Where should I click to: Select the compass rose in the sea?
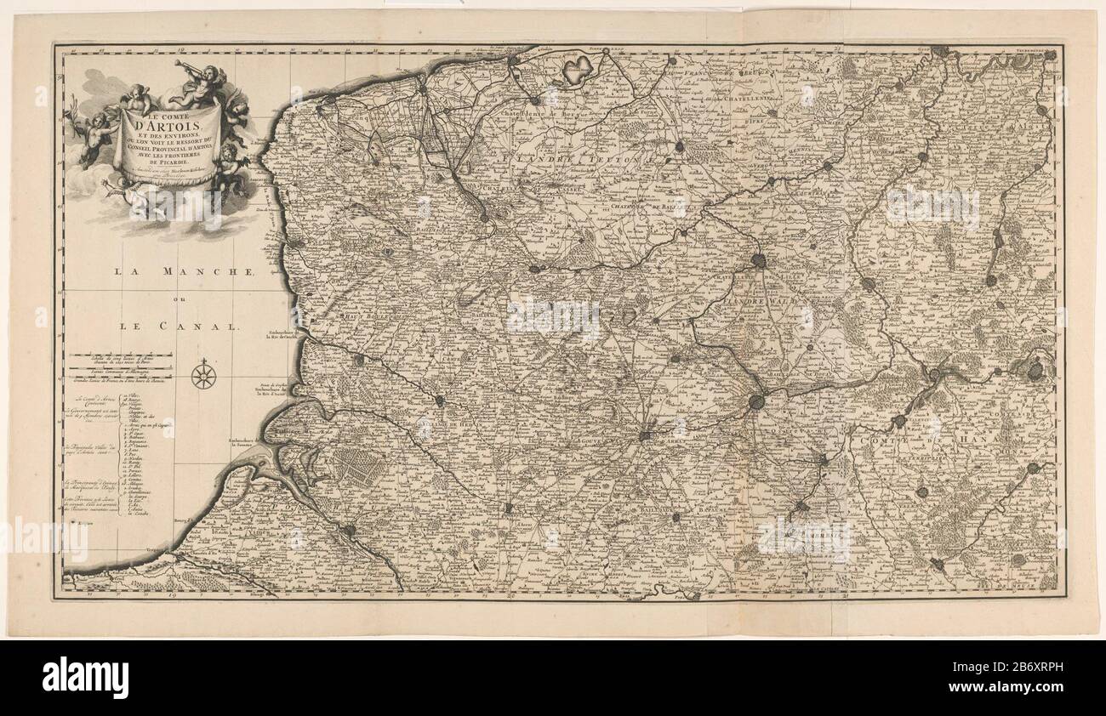tap(203, 375)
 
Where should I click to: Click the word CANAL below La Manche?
tap(216, 326)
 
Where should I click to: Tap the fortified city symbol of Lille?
tap(759, 263)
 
